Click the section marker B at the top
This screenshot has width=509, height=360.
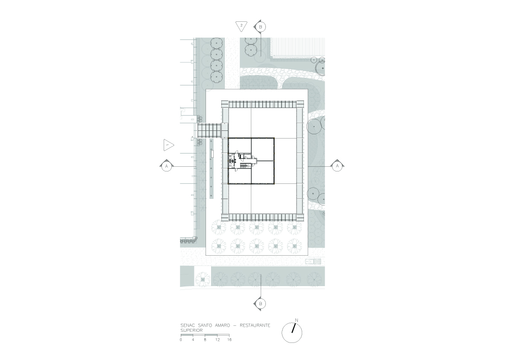point(260,27)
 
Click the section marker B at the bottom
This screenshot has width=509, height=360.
point(260,304)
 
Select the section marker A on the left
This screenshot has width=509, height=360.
point(167,166)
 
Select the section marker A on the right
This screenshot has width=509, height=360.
point(337,166)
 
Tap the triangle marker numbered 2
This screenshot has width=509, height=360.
point(241,26)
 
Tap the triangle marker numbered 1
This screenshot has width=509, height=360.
point(168,145)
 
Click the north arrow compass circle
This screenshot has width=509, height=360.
point(292,333)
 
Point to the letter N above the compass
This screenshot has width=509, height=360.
point(296,320)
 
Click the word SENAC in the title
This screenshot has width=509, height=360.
point(187,325)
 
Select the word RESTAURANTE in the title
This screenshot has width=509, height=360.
point(255,325)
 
